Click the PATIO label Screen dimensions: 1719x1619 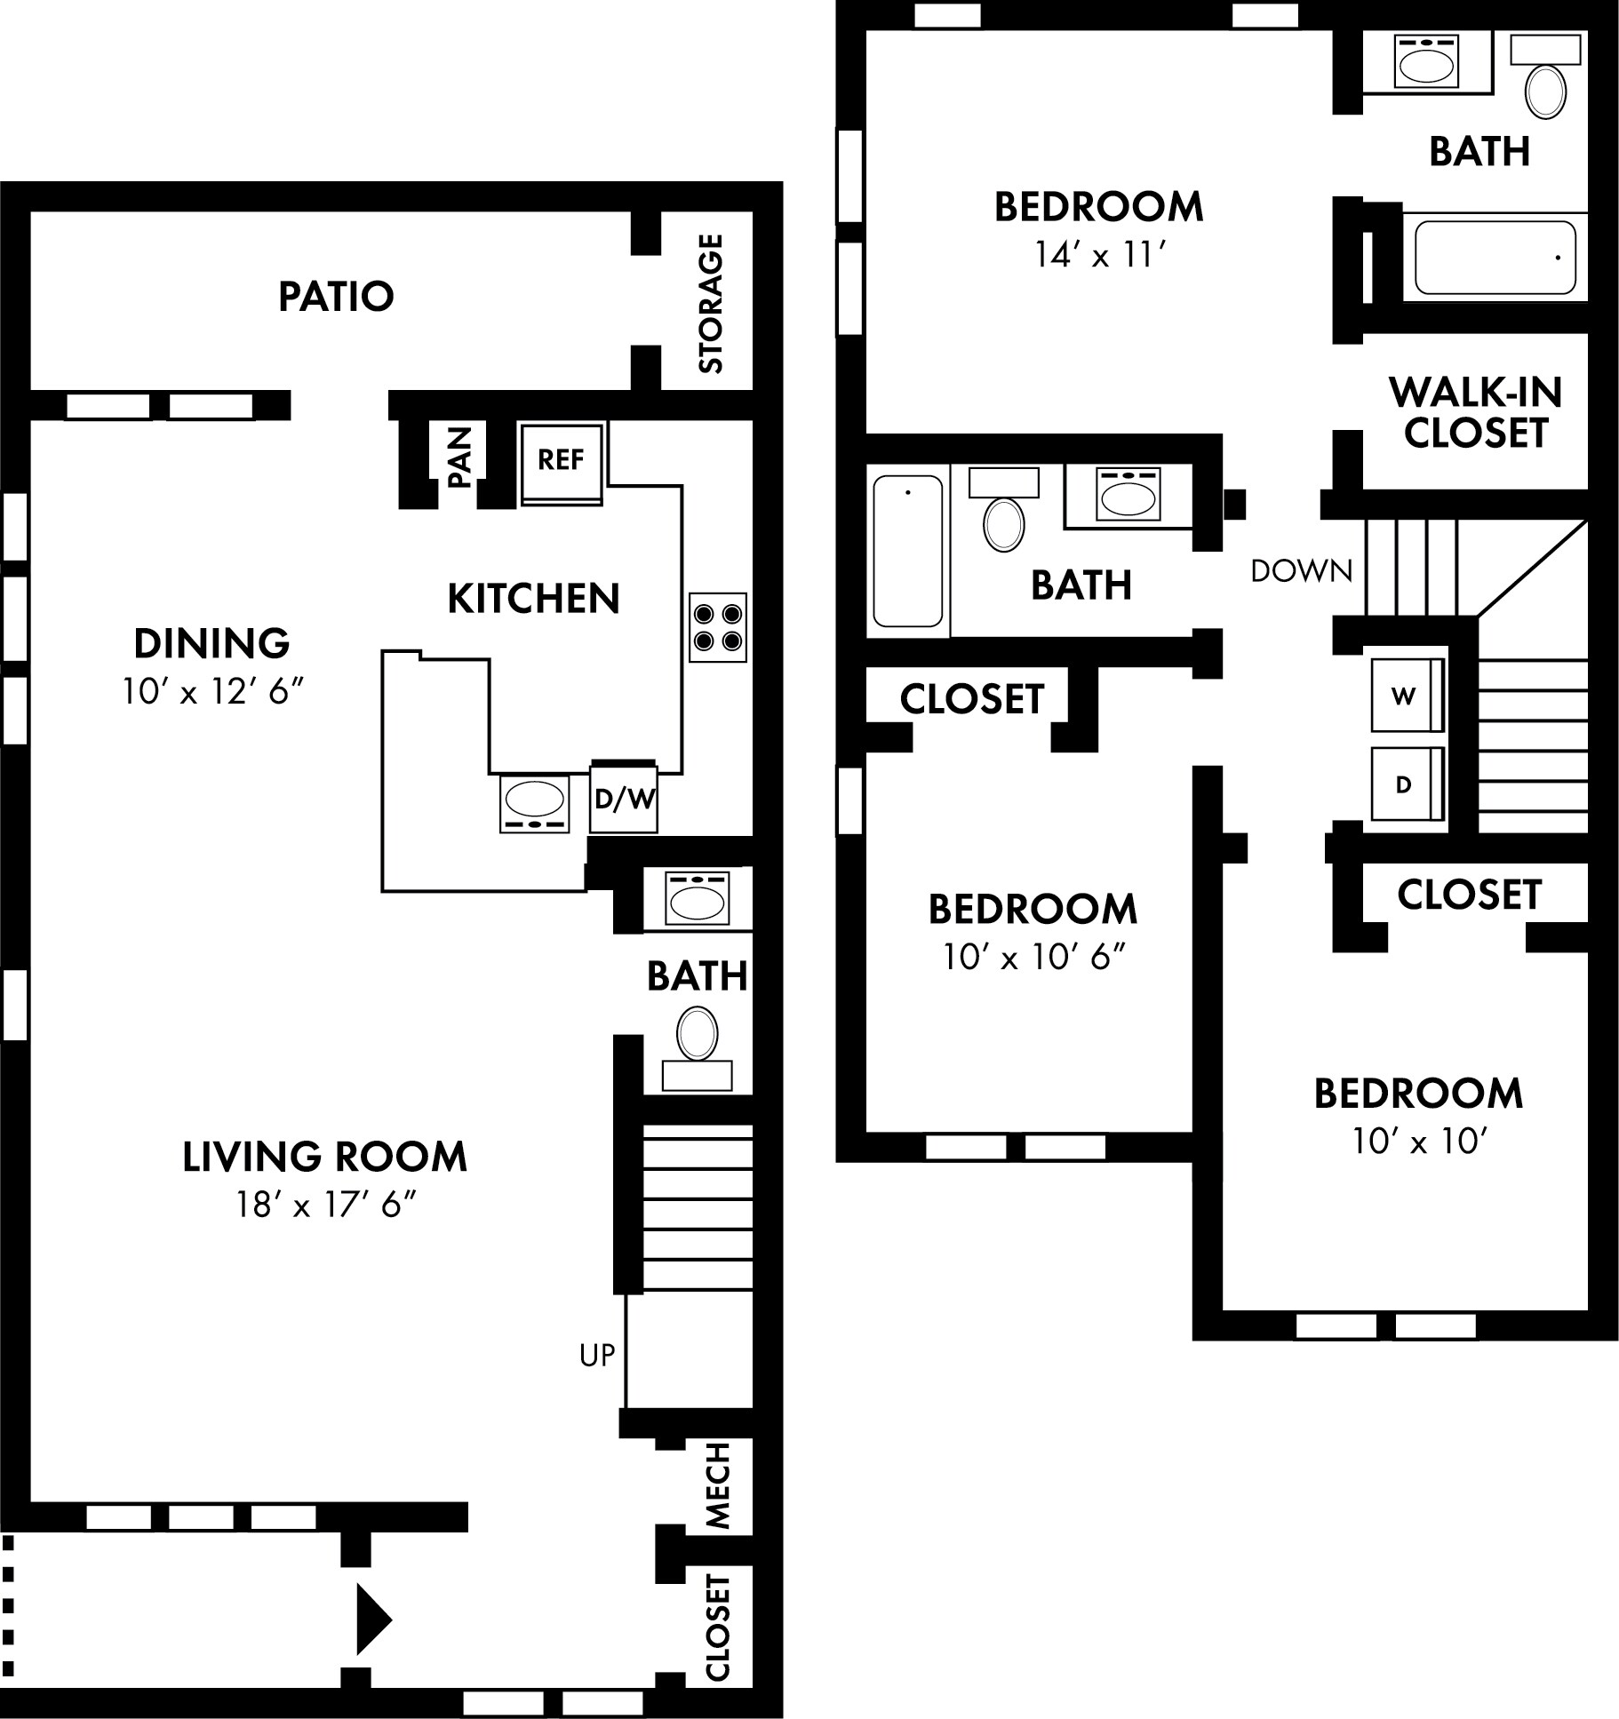point(336,297)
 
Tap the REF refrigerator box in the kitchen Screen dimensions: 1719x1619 point(561,460)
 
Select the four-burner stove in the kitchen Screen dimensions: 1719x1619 point(718,627)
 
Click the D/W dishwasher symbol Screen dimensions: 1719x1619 point(624,799)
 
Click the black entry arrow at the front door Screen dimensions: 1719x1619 point(372,1619)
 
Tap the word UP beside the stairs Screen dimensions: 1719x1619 point(596,1355)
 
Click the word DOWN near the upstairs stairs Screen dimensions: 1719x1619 point(1301,571)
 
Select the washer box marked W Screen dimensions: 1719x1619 point(1405,696)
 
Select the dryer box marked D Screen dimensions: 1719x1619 point(1405,784)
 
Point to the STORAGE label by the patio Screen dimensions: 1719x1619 point(711,304)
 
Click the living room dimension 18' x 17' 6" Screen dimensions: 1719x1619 point(326,1206)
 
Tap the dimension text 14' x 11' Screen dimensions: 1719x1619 point(1099,256)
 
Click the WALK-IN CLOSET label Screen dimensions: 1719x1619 point(1475,413)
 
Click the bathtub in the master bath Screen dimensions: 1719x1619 point(1495,258)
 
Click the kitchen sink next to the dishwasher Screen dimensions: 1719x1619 point(534,802)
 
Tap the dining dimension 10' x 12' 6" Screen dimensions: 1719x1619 point(212,691)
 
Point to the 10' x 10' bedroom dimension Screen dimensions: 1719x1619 point(1419,1141)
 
